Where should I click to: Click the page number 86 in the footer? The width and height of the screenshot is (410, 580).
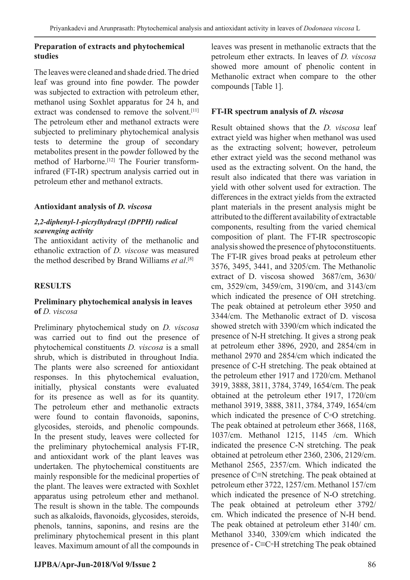point(372,564)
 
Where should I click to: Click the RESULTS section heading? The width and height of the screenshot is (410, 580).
point(52,286)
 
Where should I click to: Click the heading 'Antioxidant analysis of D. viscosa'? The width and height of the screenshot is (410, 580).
point(93,207)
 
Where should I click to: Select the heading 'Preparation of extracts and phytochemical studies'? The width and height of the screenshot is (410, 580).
point(109,51)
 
